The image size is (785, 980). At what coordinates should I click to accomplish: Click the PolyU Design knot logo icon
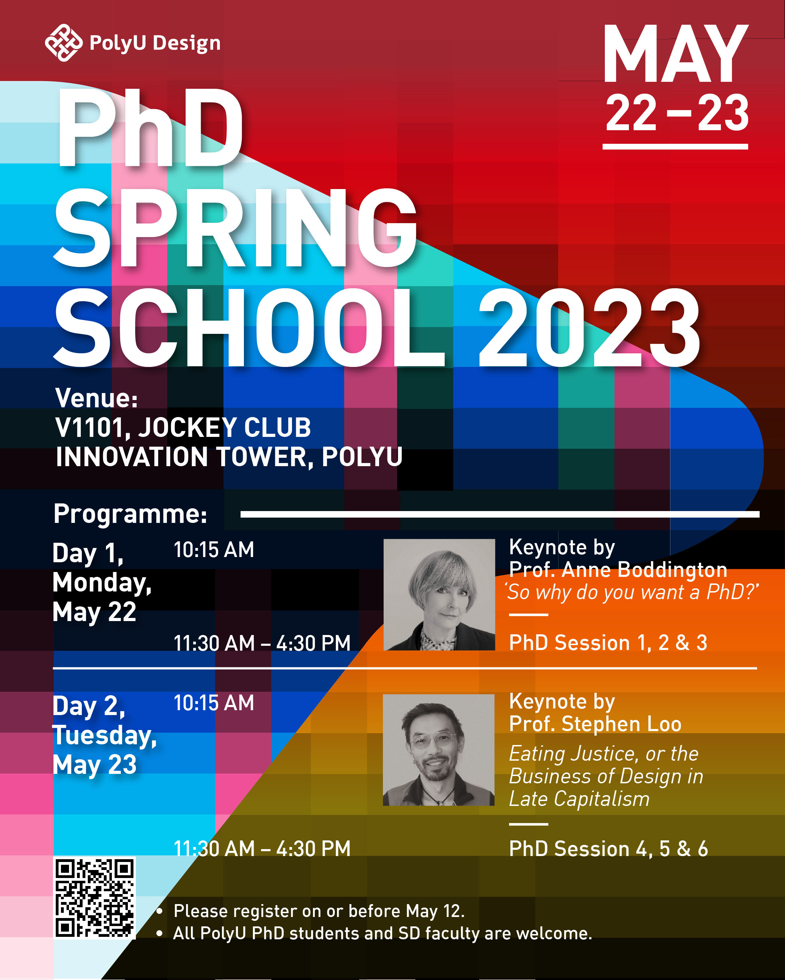click(x=64, y=43)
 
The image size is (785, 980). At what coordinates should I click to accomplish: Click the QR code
click(x=95, y=898)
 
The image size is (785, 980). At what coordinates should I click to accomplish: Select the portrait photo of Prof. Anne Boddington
click(x=439, y=595)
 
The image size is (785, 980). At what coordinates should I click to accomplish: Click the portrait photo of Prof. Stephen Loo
click(x=438, y=750)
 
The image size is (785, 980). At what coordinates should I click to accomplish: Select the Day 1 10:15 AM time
click(x=214, y=550)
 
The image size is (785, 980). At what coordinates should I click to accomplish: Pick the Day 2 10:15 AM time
click(x=214, y=703)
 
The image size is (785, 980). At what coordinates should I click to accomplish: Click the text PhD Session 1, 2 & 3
click(x=608, y=643)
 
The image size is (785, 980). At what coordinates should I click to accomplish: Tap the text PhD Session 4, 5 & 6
click(x=608, y=849)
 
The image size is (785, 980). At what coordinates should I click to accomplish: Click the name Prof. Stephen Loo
click(x=595, y=724)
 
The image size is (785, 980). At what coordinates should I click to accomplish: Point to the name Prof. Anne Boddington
click(x=618, y=570)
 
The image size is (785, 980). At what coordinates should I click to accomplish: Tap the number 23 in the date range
click(x=723, y=113)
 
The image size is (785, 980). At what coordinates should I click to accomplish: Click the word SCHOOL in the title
click(x=249, y=328)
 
